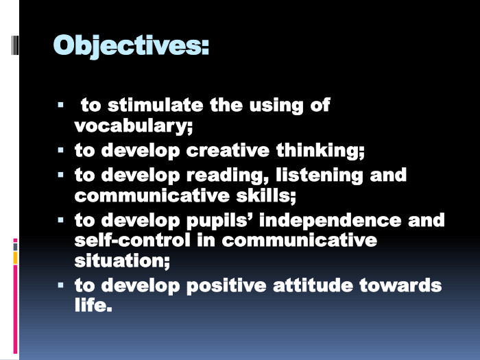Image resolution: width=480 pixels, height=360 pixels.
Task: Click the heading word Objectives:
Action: (131, 45)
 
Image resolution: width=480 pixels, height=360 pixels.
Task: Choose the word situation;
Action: (121, 261)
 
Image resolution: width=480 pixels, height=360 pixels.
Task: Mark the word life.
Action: (93, 306)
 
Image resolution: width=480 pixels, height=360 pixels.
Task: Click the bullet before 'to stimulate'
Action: (61, 105)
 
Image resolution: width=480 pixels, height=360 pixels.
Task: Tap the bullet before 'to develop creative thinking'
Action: (61, 149)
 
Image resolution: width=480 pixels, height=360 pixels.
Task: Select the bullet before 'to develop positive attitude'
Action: (61, 285)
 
